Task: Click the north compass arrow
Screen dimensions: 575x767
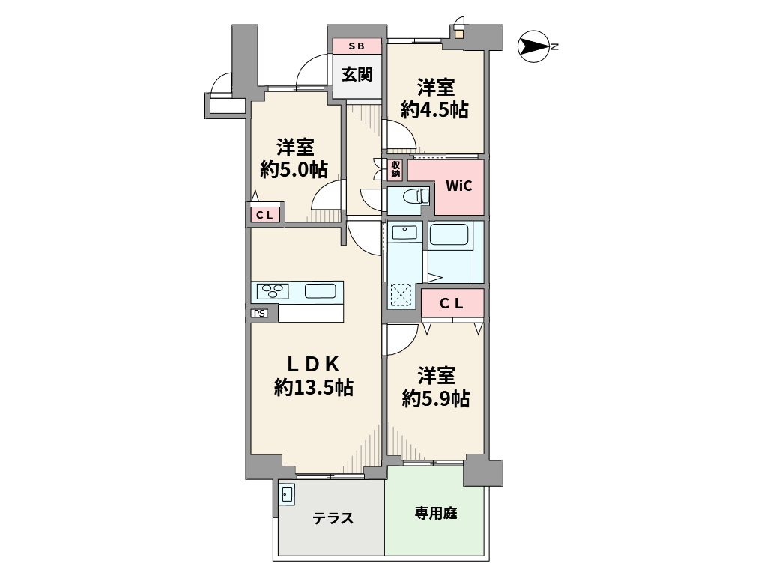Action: pyautogui.click(x=533, y=46)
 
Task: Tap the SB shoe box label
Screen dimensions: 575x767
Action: pyautogui.click(x=357, y=46)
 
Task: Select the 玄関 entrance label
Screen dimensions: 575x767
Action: pyautogui.click(x=357, y=75)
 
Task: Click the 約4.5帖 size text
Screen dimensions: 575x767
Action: pyautogui.click(x=435, y=110)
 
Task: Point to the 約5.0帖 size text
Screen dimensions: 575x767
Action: pyautogui.click(x=294, y=169)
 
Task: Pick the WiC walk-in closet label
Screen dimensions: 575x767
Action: pyautogui.click(x=458, y=186)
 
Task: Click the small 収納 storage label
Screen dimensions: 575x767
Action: pyautogui.click(x=395, y=169)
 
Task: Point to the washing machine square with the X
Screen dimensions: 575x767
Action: pyautogui.click(x=401, y=295)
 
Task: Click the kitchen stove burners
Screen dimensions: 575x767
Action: pyautogui.click(x=271, y=290)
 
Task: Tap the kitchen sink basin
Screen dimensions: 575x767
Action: pyautogui.click(x=320, y=291)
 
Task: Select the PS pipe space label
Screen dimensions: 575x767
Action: pyautogui.click(x=259, y=314)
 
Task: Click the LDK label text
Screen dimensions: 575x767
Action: pyautogui.click(x=315, y=364)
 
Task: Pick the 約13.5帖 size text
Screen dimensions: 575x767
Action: pyautogui.click(x=314, y=388)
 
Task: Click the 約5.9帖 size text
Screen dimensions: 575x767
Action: pyautogui.click(x=435, y=398)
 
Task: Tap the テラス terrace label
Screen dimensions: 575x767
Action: pyautogui.click(x=333, y=518)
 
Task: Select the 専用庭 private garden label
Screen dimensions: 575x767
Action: pyautogui.click(x=436, y=514)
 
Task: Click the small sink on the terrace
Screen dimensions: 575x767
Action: pyautogui.click(x=287, y=494)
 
